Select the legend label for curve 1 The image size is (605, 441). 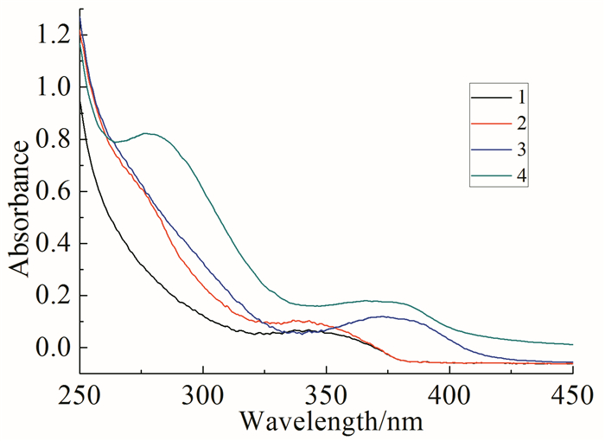coord(520,92)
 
